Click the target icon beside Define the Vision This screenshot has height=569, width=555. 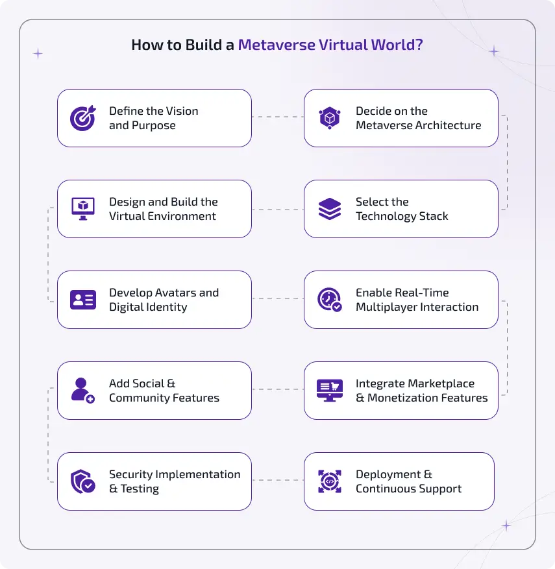(82, 118)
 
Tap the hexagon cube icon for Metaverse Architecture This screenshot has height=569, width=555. (329, 118)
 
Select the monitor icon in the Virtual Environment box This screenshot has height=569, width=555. (82, 209)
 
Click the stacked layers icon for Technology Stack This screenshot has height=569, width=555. (329, 209)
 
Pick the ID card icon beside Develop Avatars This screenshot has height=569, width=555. (82, 300)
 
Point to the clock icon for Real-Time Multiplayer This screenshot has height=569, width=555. (329, 300)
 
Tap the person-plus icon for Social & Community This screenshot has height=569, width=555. (82, 391)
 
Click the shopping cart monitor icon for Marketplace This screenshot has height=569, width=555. (329, 391)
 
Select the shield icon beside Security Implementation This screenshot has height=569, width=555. (82, 481)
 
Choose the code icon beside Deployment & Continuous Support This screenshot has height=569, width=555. (329, 481)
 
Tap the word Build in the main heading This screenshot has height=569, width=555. (193, 45)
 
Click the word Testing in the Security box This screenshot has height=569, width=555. (140, 489)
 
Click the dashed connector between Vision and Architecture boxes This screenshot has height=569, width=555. (277, 117)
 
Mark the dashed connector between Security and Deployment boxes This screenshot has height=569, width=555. (277, 481)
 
